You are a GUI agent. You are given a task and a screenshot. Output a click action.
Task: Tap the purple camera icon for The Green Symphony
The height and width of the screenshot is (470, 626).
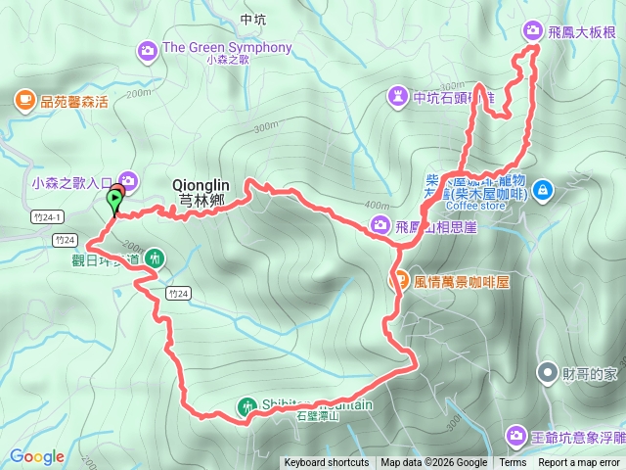[x=148, y=48]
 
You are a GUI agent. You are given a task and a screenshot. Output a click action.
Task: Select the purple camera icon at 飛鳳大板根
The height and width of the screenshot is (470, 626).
[x=532, y=30]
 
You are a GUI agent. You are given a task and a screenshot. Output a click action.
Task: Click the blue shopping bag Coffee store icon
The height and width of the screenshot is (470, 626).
[x=544, y=189]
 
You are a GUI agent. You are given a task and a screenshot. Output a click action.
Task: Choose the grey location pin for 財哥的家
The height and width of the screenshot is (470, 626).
[x=545, y=371]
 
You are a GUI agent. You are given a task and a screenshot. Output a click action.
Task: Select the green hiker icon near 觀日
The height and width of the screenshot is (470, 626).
[x=154, y=258]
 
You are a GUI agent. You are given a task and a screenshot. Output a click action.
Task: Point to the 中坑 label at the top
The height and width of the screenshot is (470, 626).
[x=251, y=19]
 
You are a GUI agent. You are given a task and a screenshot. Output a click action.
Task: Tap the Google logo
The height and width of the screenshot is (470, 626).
[x=37, y=456]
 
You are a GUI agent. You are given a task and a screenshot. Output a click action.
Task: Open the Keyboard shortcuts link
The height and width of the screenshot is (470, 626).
[x=327, y=463]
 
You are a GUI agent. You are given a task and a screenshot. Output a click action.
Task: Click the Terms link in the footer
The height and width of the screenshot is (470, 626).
[x=513, y=463]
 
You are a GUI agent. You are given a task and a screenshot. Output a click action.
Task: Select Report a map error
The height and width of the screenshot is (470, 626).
[x=580, y=463]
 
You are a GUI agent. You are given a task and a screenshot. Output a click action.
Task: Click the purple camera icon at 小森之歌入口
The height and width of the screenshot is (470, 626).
[x=130, y=180]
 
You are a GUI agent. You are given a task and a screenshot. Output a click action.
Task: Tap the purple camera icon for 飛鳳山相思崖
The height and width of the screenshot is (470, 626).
[x=380, y=226]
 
